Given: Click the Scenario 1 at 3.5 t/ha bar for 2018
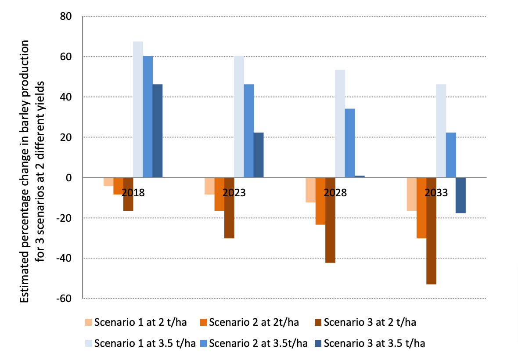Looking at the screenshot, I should (x=138, y=109).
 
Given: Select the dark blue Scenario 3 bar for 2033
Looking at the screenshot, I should (x=460, y=195).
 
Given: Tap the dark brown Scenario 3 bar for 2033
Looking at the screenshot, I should (x=431, y=231).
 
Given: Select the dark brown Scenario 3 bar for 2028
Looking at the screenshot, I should (x=330, y=220).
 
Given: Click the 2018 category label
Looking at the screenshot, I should (x=133, y=193).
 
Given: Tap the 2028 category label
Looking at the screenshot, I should (x=335, y=193).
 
